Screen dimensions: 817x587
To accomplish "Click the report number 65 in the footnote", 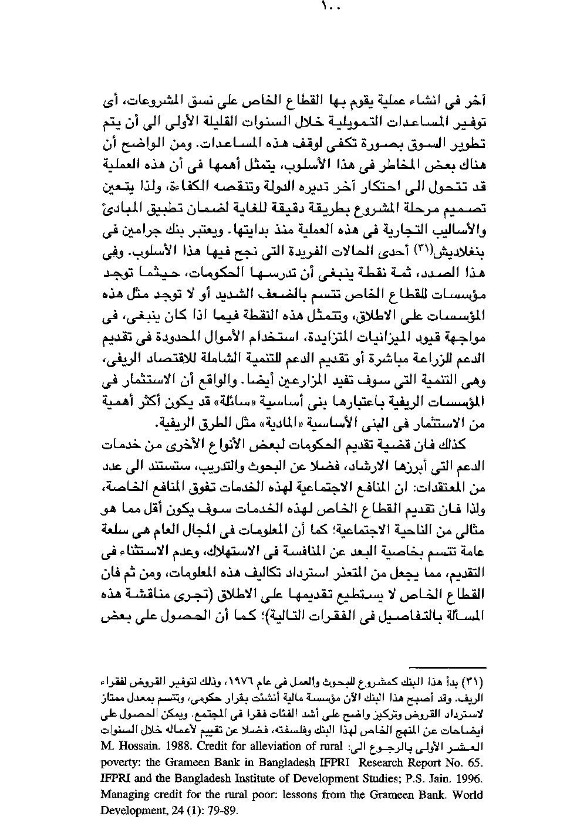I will tap(474, 762).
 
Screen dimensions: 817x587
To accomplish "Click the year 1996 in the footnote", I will tap(469, 778).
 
